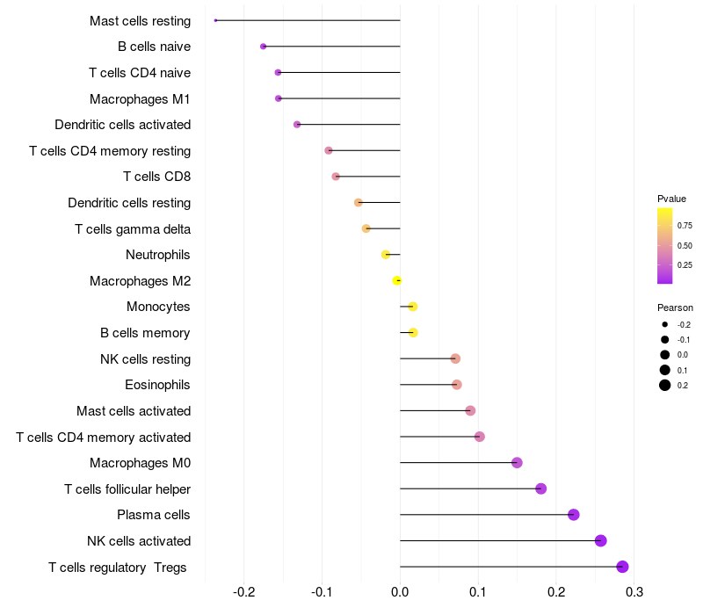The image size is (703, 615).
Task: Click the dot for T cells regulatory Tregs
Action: point(622,567)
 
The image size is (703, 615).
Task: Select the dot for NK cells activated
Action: point(601,540)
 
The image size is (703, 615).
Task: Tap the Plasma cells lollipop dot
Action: point(574,515)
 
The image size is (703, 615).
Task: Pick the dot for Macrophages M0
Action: point(517,463)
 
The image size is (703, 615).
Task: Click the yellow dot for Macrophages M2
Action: point(397,280)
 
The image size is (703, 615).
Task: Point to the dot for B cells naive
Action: point(263,47)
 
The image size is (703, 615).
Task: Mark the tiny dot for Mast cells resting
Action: point(215,20)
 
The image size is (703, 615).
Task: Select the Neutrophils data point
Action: point(386,255)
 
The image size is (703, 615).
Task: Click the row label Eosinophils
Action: point(158,385)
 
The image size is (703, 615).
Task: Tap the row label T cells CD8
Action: point(157,177)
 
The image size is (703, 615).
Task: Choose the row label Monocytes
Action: point(159,307)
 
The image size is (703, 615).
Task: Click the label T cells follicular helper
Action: point(127,488)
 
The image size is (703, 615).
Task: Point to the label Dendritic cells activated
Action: point(123,125)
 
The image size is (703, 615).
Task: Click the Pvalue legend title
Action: point(671,199)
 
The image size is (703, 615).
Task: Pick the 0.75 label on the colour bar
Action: point(685,226)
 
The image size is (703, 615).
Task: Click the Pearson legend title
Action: point(675,307)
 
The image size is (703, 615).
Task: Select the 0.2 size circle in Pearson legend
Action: point(665,385)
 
